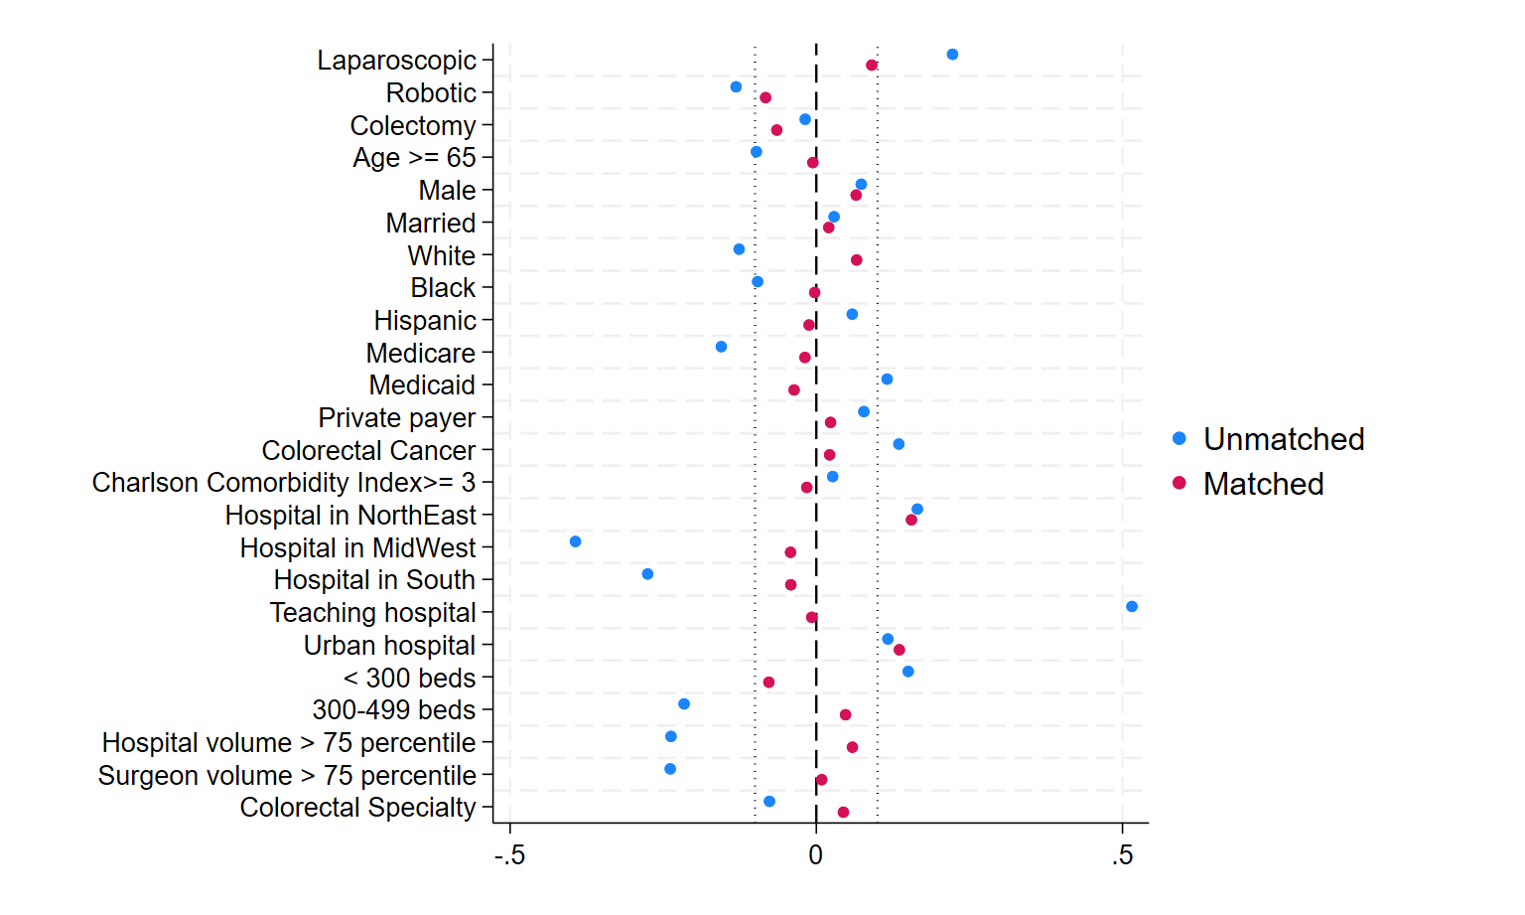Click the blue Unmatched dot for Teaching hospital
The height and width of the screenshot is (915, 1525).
click(x=1132, y=606)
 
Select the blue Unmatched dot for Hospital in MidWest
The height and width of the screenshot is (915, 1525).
click(x=575, y=541)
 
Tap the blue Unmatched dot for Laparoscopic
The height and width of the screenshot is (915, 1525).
click(x=952, y=55)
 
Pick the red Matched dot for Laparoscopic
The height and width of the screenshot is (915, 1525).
click(x=872, y=66)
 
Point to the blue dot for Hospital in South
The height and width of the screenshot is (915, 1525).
click(x=647, y=574)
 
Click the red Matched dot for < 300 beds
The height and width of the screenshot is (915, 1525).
click(x=768, y=682)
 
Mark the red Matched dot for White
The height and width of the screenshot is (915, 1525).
click(x=857, y=260)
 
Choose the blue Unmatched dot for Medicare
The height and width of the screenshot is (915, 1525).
click(x=721, y=347)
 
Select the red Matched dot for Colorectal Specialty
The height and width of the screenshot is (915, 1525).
click(x=843, y=812)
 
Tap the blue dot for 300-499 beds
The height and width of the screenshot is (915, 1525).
click(x=684, y=703)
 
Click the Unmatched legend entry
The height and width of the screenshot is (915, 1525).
click(x=1268, y=439)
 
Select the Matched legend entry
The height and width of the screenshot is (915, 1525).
click(x=1248, y=484)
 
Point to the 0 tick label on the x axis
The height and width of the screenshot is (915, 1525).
click(x=815, y=855)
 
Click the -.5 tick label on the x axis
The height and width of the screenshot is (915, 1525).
click(x=509, y=855)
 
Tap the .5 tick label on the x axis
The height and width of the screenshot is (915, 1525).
click(x=1122, y=855)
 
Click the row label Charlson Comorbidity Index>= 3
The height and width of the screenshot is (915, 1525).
click(x=284, y=483)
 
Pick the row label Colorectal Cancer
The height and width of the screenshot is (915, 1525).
click(x=368, y=450)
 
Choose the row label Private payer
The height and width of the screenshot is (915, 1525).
click(x=397, y=418)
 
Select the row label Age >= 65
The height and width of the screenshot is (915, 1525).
click(x=414, y=157)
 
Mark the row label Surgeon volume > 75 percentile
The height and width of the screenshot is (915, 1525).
click(x=287, y=775)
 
